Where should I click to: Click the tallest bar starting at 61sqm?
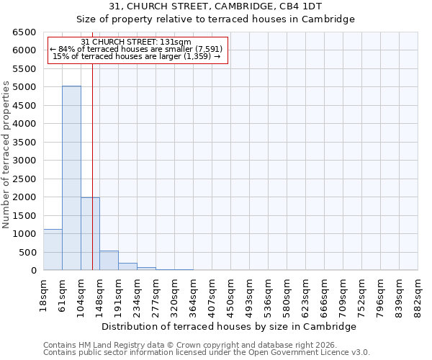tap(71, 178)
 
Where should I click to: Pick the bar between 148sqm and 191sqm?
tap(109, 261)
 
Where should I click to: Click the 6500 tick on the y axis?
tap(23, 32)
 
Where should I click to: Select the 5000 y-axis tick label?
tap(23, 87)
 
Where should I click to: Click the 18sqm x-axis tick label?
tap(43, 292)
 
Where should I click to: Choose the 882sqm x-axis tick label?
tap(418, 292)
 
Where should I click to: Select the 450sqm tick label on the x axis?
tap(230, 292)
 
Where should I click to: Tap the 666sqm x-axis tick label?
tap(324, 292)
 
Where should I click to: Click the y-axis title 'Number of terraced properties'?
tap(6, 154)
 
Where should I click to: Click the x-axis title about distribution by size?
tap(230, 326)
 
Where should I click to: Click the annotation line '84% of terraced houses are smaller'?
tap(137, 49)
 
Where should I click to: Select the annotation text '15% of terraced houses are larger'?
tap(137, 56)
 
